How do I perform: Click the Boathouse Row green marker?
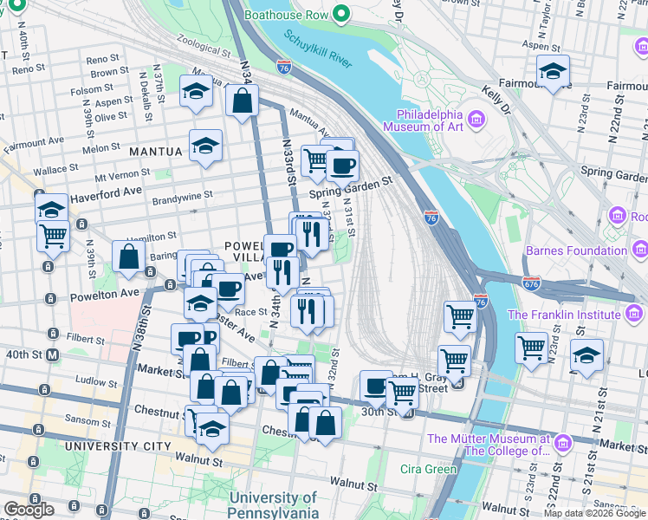(x=341, y=14)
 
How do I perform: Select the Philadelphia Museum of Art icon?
(x=475, y=118)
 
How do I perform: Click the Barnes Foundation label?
(x=576, y=251)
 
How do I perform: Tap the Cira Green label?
(x=428, y=470)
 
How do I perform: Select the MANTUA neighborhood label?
(x=156, y=152)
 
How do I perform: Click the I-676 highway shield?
(x=532, y=283)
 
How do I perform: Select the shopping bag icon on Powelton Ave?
(x=128, y=257)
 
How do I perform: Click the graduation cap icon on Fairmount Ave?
(x=552, y=71)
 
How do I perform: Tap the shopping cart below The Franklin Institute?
(x=531, y=348)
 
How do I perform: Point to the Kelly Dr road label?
(x=497, y=99)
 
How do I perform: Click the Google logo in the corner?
(x=29, y=510)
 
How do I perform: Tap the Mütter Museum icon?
(x=563, y=444)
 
